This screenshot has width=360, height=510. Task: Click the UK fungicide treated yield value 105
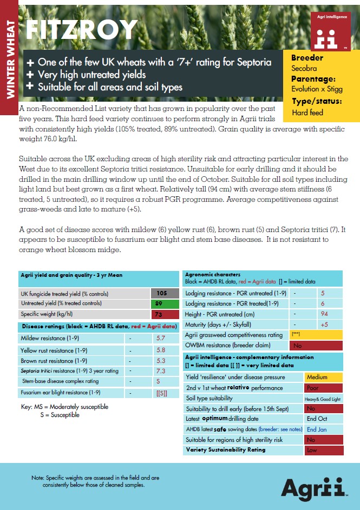point(160,293)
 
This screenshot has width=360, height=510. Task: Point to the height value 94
point(324,314)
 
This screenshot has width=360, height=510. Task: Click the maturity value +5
point(324,324)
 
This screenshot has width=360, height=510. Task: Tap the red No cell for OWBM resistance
point(316,345)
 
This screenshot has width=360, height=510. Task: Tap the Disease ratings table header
point(99,327)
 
